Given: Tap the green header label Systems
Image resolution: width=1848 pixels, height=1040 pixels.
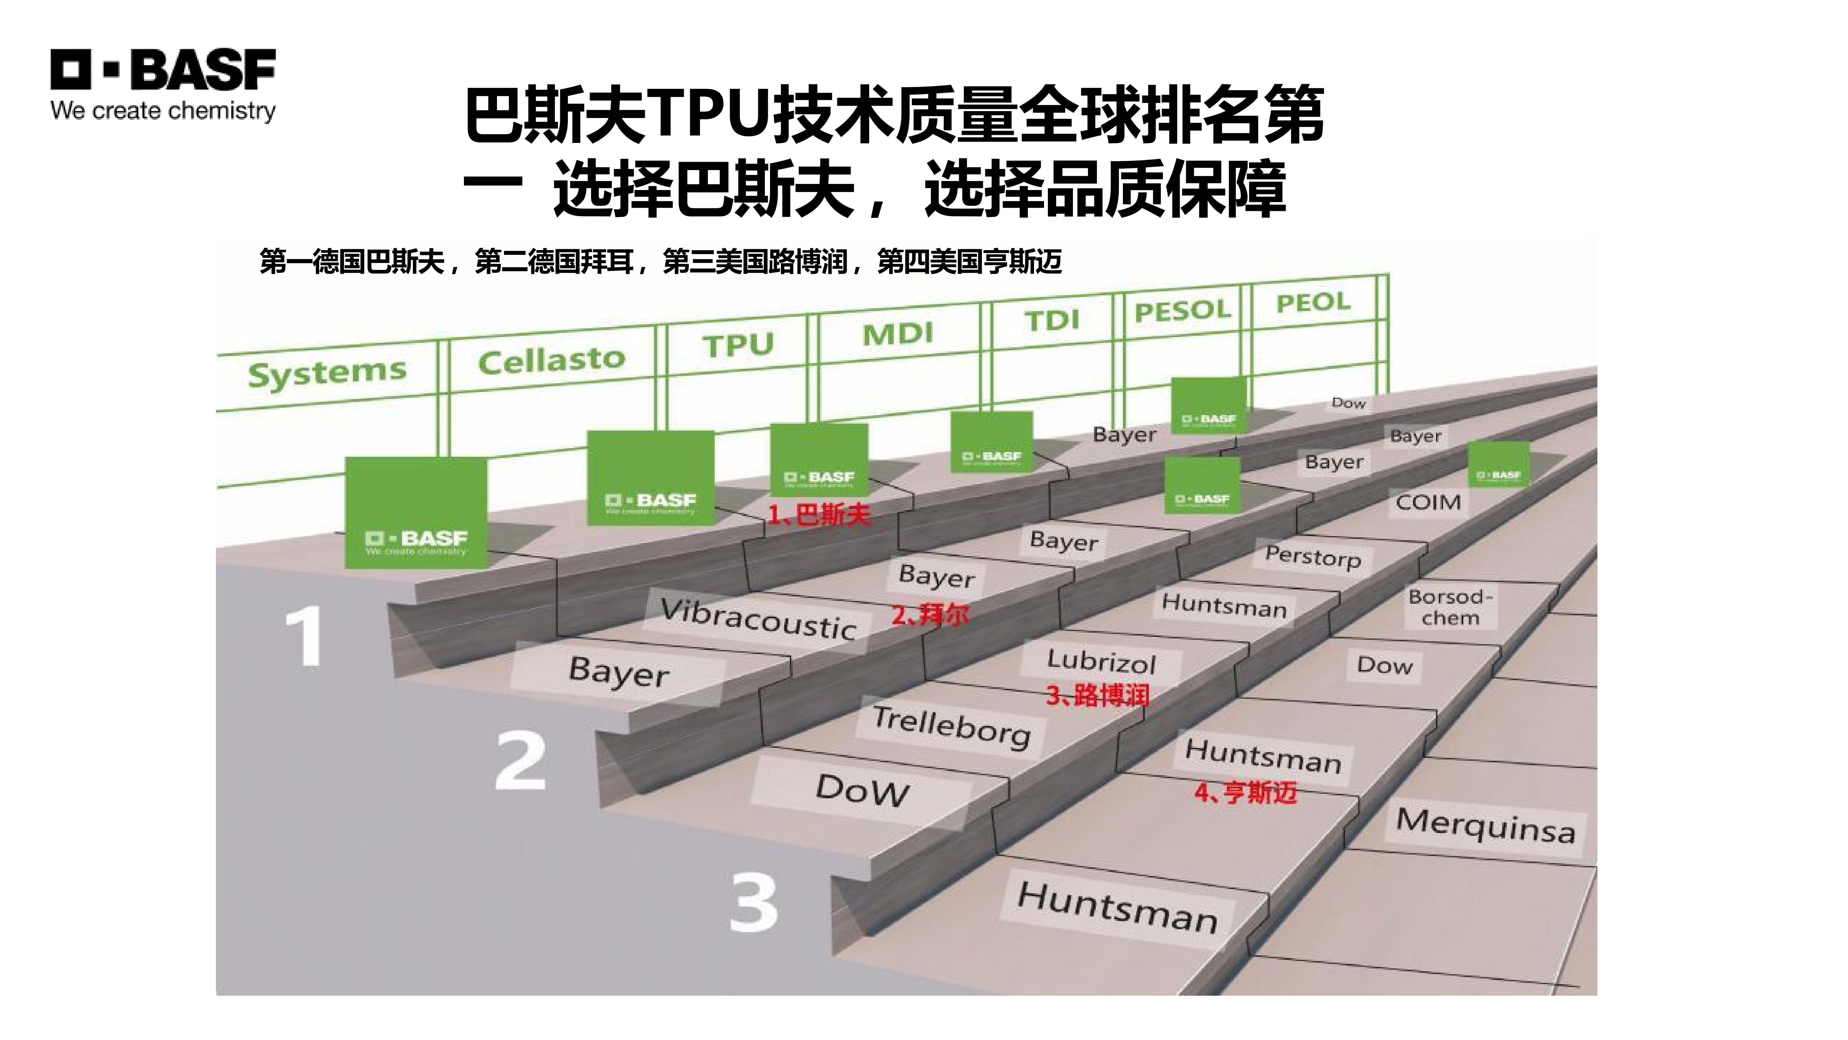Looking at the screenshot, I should [x=327, y=372].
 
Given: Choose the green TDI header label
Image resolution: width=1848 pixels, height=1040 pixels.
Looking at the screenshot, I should [x=1052, y=320].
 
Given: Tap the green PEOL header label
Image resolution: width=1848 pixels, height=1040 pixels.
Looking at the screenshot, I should [x=1313, y=302].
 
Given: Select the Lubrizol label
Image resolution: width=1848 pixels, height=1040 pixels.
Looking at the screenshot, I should [x=1101, y=661].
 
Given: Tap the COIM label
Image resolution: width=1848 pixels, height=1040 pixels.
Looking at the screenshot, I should [x=1428, y=502].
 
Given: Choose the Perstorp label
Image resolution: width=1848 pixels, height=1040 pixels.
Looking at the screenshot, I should [x=1313, y=556].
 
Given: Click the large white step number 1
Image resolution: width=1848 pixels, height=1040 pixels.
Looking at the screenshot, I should [x=304, y=637].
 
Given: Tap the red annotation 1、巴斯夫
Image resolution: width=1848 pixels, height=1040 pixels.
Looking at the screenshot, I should [x=819, y=515].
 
